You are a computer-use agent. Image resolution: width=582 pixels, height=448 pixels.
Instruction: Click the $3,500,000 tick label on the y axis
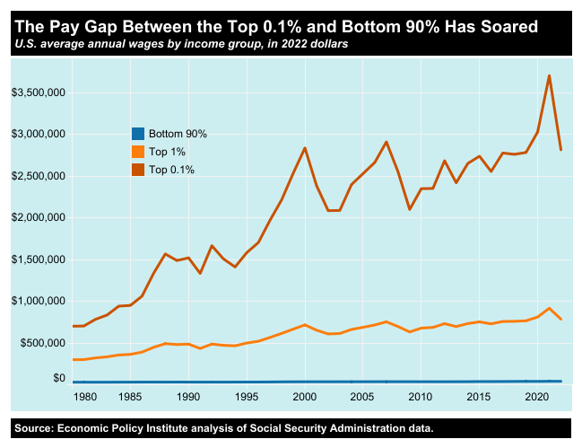pyautogui.click(x=36, y=92)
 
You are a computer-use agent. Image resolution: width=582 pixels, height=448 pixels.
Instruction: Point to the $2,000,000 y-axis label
pyautogui.click(x=36, y=217)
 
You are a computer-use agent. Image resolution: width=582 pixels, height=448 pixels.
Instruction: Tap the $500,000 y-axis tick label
pyautogui.click(x=39, y=343)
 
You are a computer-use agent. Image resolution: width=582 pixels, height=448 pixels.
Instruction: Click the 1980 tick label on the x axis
pyautogui.click(x=84, y=396)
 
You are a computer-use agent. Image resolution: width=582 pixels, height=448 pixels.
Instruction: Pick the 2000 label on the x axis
pyautogui.click(x=305, y=396)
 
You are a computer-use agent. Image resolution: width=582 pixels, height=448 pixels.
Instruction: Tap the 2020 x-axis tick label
pyautogui.click(x=536, y=396)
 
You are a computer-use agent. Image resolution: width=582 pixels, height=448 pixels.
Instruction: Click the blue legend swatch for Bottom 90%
pyautogui.click(x=137, y=133)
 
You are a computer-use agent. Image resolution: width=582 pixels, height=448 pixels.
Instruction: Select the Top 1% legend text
pyautogui.click(x=166, y=151)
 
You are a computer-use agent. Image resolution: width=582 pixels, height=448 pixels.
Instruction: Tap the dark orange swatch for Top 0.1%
pyautogui.click(x=137, y=169)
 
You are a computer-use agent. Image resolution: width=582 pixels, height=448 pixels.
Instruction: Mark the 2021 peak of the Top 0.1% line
pyautogui.click(x=549, y=75)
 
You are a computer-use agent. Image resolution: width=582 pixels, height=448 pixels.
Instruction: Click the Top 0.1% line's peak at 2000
pyautogui.click(x=305, y=148)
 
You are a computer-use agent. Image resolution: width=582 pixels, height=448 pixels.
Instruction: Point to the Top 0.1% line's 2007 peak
pyautogui.click(x=386, y=142)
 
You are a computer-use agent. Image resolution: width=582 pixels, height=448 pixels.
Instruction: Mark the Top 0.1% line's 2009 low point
pyautogui.click(x=409, y=209)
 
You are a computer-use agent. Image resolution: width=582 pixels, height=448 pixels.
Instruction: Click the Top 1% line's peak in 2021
pyautogui.click(x=549, y=308)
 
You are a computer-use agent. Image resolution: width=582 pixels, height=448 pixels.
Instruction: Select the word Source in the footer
pyautogui.click(x=35, y=428)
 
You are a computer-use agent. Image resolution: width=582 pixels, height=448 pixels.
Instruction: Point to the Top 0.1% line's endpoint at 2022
pyautogui.click(x=560, y=150)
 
